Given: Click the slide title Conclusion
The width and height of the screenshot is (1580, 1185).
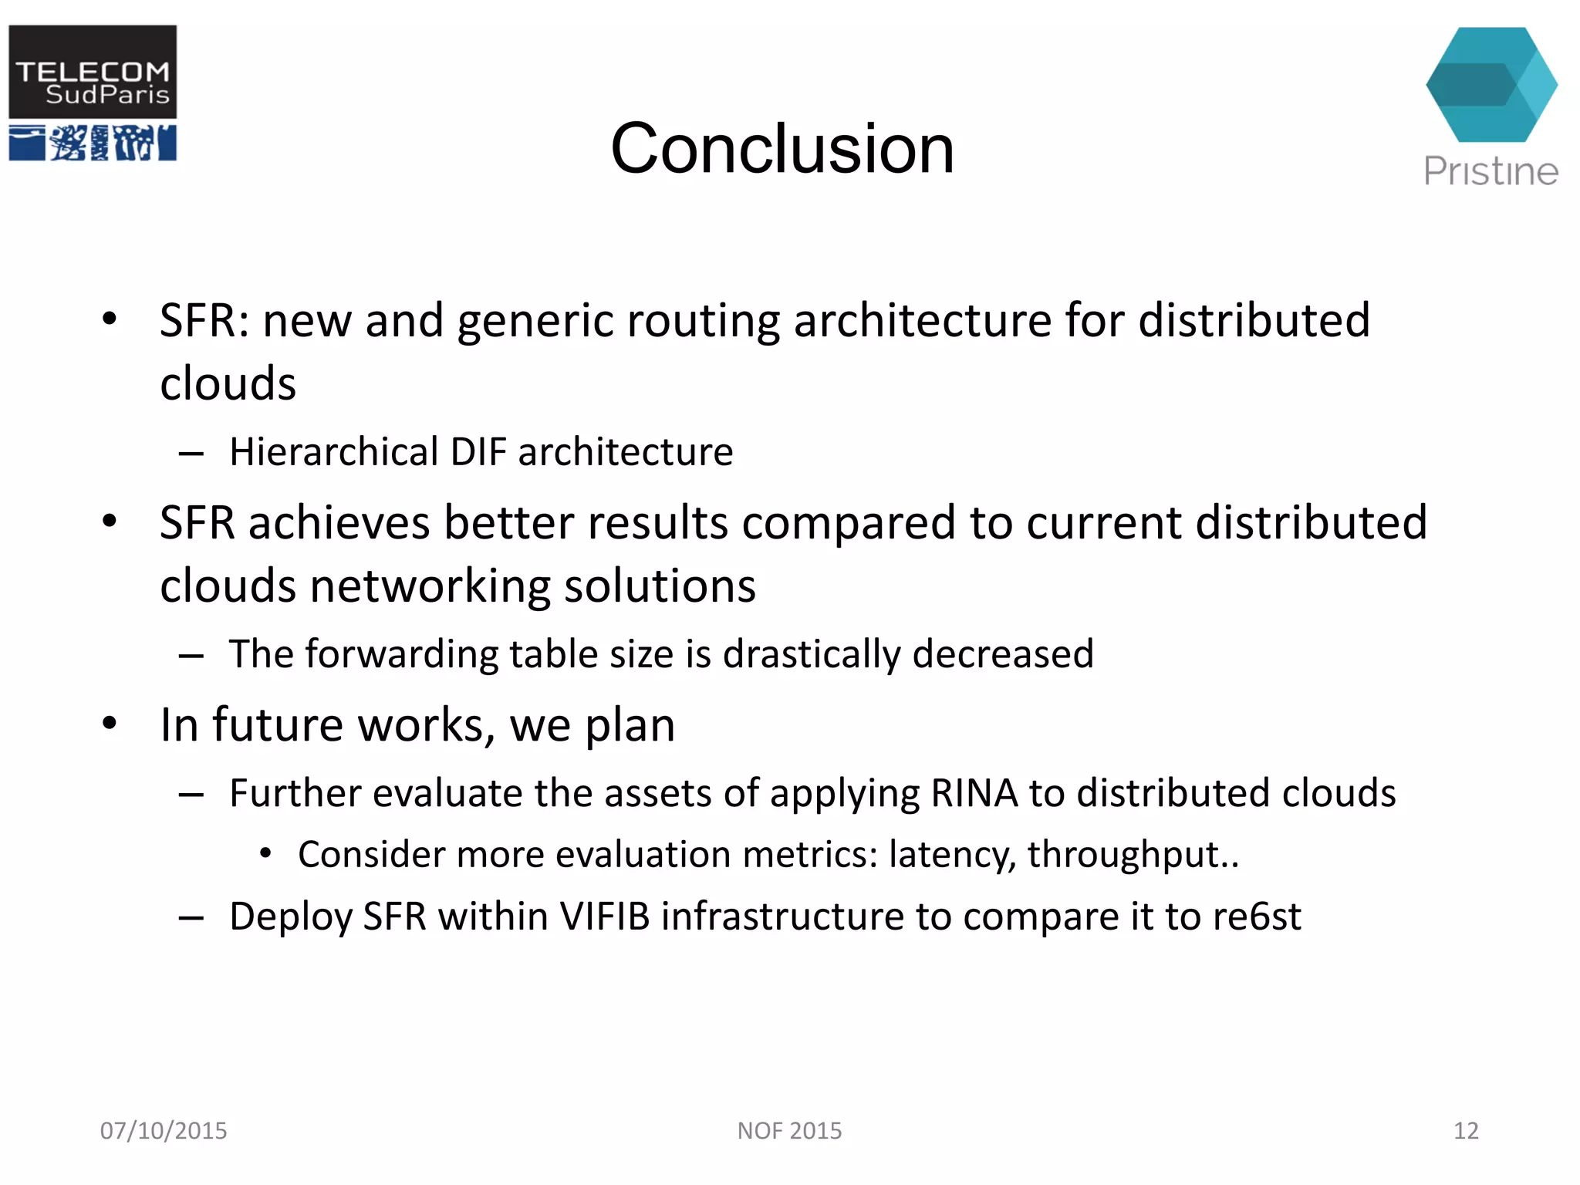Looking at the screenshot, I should click(x=782, y=148).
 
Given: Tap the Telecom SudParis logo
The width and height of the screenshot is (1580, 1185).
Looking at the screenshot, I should click(x=93, y=93).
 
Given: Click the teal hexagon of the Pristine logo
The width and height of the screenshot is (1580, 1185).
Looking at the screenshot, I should click(x=1491, y=85).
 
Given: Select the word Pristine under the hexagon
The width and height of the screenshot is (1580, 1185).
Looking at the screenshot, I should click(x=1491, y=171).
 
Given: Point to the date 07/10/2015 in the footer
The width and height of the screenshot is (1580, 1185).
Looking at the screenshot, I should click(x=164, y=1131).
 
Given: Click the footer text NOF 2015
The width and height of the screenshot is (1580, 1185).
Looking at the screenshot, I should click(x=789, y=1131).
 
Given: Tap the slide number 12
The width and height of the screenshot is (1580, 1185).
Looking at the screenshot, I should click(x=1466, y=1131).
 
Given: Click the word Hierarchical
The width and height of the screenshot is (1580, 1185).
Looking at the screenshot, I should click(x=333, y=452).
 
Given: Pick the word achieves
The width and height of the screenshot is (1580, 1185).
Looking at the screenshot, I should click(x=339, y=523).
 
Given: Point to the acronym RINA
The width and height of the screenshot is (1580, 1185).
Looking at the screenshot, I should click(x=974, y=794).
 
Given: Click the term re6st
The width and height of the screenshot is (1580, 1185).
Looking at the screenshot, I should click(x=1257, y=917).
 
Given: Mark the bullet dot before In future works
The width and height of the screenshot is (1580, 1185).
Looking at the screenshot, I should click(x=110, y=724).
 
